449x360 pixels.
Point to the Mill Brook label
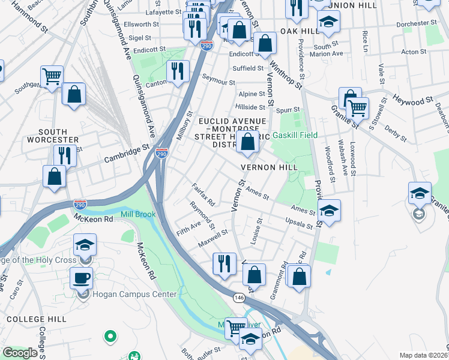pos(137,214)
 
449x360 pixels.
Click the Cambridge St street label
pos(126,154)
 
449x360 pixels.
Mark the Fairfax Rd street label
pos(203,195)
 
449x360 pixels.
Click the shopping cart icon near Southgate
pos(52,76)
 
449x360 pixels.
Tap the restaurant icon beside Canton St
pos(177,71)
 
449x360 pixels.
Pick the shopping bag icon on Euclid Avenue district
pos(247,142)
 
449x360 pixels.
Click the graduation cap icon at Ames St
pos(328,211)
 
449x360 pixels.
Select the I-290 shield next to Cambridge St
pos(161,153)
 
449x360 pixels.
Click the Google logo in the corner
pos(20,353)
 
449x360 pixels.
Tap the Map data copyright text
pos(423,355)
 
